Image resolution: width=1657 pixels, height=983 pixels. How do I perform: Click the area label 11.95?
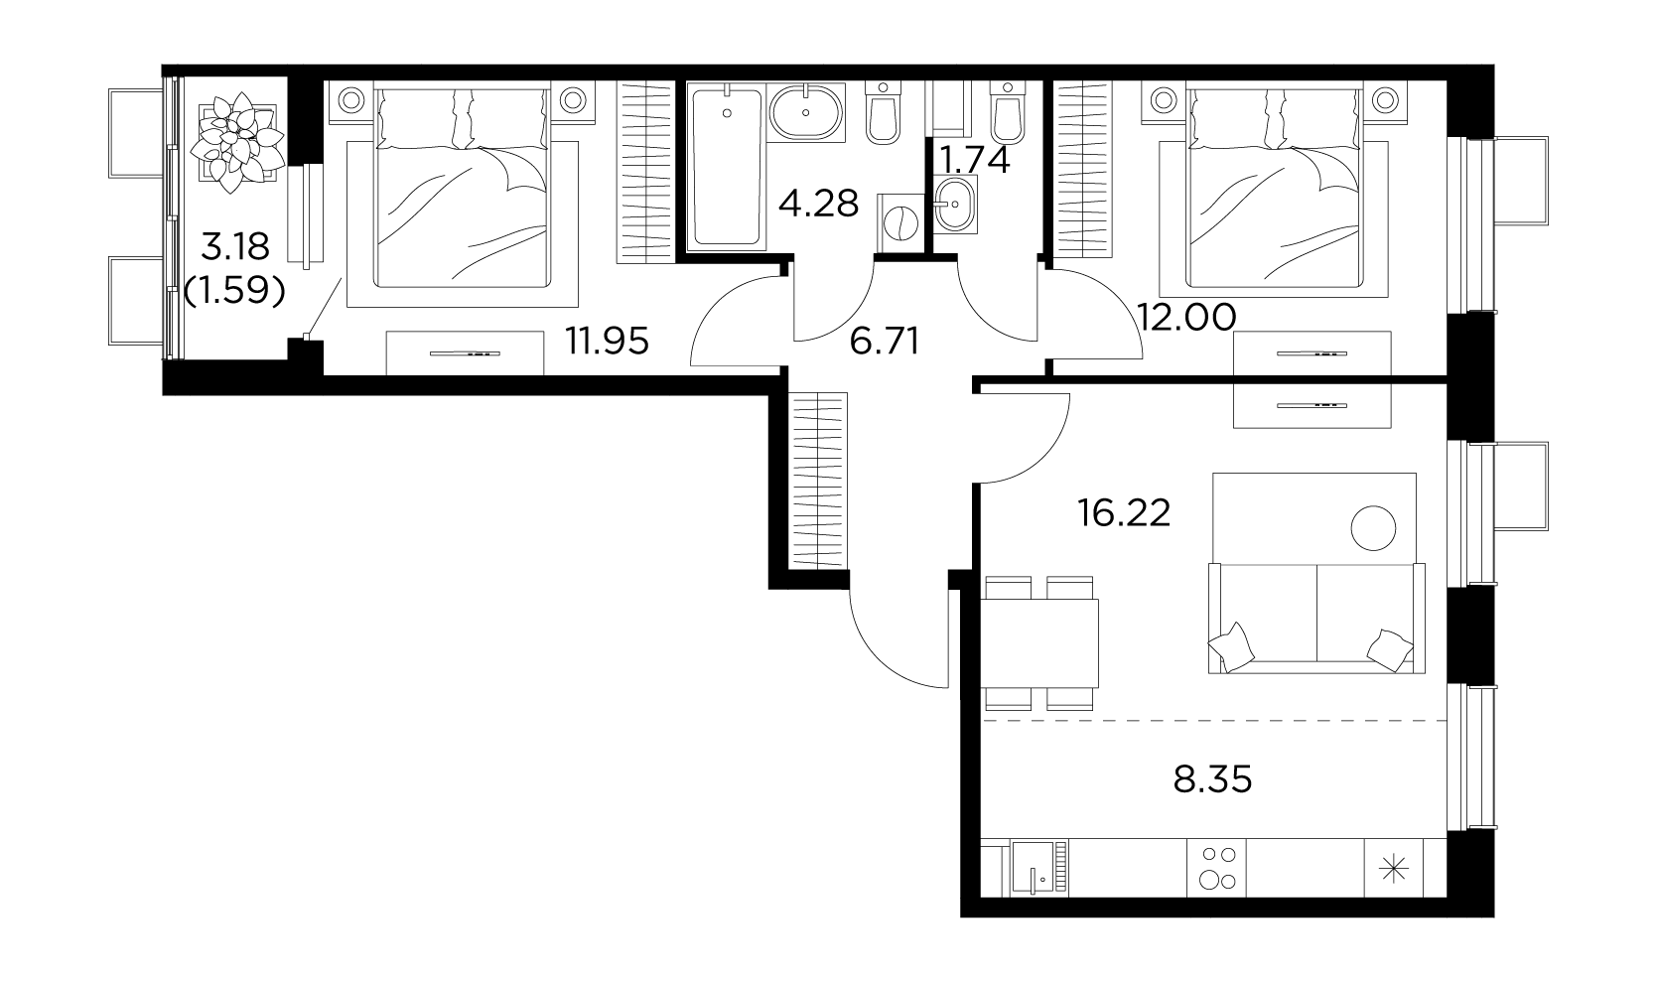(608, 341)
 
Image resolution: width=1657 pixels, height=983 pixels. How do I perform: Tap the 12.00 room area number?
(1185, 318)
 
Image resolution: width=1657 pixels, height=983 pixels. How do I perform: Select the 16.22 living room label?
(1125, 512)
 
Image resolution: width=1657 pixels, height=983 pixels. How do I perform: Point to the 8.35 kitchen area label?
(1212, 779)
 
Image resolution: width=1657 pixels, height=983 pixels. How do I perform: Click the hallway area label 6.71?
(884, 342)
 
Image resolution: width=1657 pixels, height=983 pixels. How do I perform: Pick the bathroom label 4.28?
(818, 204)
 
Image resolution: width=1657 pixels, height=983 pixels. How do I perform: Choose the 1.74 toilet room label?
(974, 160)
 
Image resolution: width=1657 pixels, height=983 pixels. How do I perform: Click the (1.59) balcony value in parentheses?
(234, 290)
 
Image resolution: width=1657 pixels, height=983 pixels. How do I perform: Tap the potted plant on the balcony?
(237, 142)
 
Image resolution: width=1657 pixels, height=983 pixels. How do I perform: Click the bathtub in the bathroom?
(726, 166)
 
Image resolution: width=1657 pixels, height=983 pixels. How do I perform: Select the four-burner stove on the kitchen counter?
(1217, 868)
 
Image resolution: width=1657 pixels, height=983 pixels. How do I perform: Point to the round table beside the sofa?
(1373, 528)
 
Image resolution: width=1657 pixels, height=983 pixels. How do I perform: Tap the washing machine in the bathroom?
(900, 222)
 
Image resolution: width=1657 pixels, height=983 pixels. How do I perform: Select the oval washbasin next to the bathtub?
(805, 112)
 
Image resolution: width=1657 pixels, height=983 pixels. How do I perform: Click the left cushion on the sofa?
(1232, 647)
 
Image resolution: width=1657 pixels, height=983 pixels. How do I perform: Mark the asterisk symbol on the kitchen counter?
(1394, 869)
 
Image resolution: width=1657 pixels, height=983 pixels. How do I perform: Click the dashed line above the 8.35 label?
(1214, 720)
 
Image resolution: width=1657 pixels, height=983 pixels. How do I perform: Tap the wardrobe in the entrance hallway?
(818, 480)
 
